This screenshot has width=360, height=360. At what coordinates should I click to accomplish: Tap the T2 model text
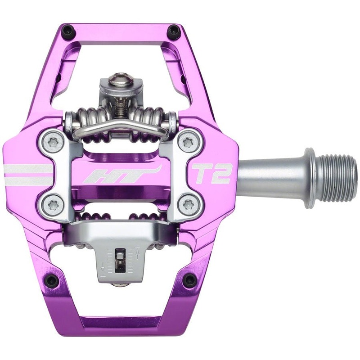211,174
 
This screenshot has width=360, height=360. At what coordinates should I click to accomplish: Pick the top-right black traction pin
173,31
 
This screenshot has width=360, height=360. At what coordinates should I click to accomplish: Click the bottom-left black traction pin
52,280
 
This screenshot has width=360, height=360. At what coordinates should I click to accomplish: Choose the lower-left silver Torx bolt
54,205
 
